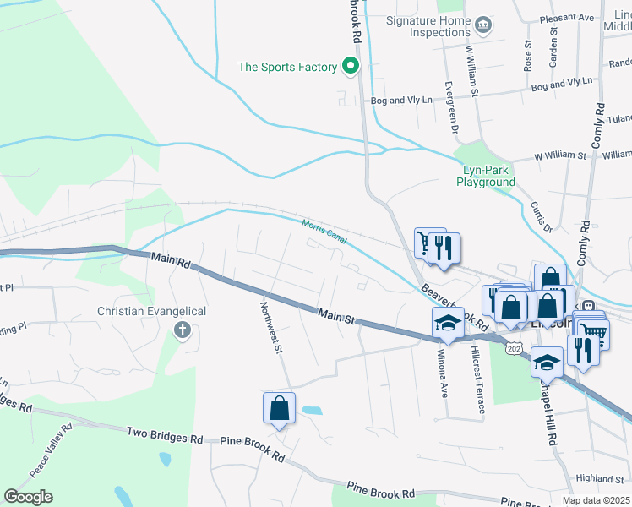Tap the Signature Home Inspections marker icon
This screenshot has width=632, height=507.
point(483,26)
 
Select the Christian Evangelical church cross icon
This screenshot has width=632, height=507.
point(182,330)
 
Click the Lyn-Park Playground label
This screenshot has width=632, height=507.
point(486,176)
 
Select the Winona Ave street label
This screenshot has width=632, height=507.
point(442,371)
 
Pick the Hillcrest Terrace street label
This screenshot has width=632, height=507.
point(477,378)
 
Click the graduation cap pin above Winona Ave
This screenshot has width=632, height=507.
point(448,323)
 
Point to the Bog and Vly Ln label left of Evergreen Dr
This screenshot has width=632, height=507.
point(401,101)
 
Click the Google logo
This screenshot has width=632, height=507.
point(28,497)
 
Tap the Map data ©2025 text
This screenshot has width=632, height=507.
point(596,500)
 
